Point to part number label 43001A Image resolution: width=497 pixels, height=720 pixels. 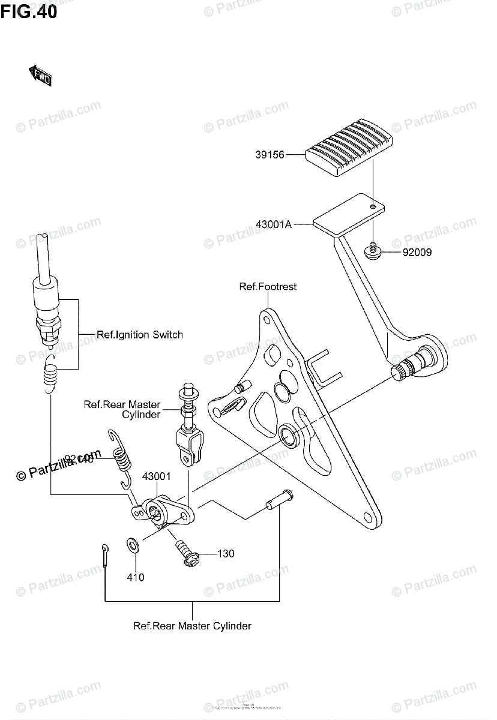click(x=274, y=224)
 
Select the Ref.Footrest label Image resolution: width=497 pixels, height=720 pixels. click(x=268, y=287)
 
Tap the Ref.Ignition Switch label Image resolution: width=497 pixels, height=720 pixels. click(x=140, y=335)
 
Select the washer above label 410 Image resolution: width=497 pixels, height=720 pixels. click(x=133, y=545)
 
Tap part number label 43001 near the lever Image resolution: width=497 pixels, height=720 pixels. click(x=157, y=477)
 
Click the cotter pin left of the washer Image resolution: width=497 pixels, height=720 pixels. click(x=106, y=553)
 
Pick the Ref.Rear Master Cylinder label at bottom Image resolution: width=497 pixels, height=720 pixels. click(x=192, y=626)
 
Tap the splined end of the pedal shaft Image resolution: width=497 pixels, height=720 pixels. click(x=402, y=372)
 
